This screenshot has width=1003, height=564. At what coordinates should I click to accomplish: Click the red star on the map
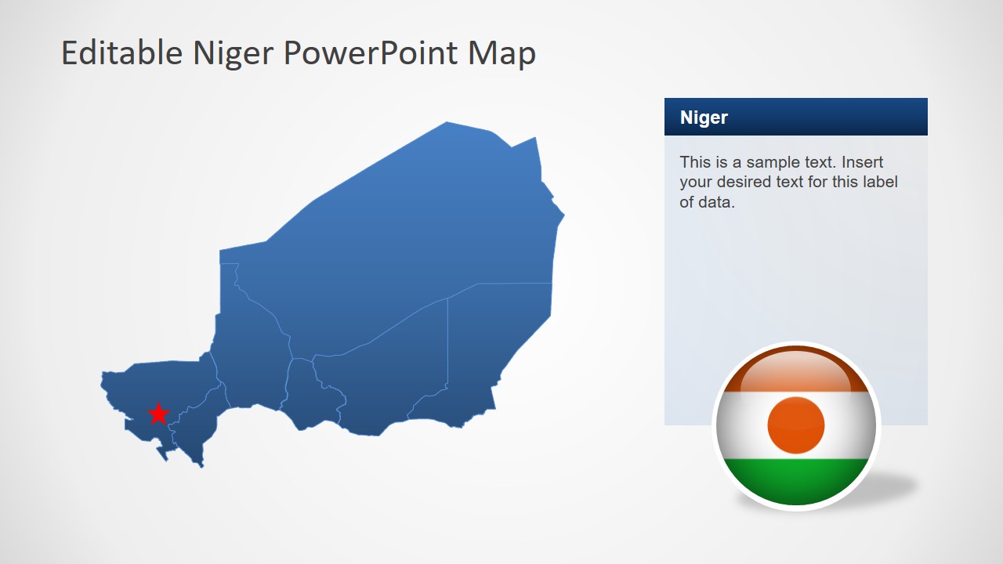tap(158, 414)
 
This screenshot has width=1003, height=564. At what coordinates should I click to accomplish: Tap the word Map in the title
tap(501, 53)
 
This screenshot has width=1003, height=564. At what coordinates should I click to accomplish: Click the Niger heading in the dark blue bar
tap(704, 117)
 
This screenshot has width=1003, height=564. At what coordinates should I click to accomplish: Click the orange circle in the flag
tap(796, 425)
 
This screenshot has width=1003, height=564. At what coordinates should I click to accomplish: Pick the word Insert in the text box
tap(863, 162)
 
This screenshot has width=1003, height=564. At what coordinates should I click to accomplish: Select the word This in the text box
tap(695, 162)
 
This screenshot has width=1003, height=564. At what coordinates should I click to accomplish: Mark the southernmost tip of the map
tap(201, 465)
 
